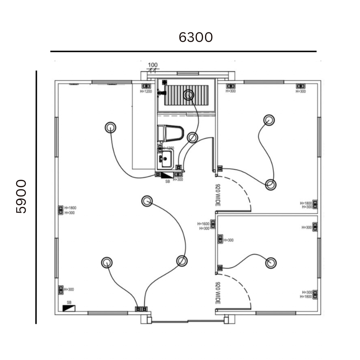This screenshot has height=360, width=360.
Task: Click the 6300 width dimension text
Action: click(x=195, y=37)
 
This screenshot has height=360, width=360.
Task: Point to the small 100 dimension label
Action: click(x=153, y=65)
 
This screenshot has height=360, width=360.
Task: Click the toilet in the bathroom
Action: click(x=171, y=133)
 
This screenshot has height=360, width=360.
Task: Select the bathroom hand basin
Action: click(x=165, y=159)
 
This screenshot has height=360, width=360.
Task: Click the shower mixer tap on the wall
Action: click(x=162, y=93)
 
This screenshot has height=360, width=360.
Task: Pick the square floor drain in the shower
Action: click(x=164, y=82)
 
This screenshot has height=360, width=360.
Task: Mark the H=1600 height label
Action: click(x=203, y=224)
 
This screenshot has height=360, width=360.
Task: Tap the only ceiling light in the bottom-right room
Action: click(x=271, y=262)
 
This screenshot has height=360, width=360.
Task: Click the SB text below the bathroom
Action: click(x=167, y=182)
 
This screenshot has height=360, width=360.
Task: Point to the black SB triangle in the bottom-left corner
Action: click(x=69, y=308)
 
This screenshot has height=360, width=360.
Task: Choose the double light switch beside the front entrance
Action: click(x=141, y=309)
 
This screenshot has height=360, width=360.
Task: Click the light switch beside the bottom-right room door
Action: click(x=220, y=268)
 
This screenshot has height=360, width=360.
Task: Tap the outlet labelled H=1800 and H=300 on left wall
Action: click(x=60, y=210)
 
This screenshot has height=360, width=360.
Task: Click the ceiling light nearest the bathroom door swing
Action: click(x=192, y=137)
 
